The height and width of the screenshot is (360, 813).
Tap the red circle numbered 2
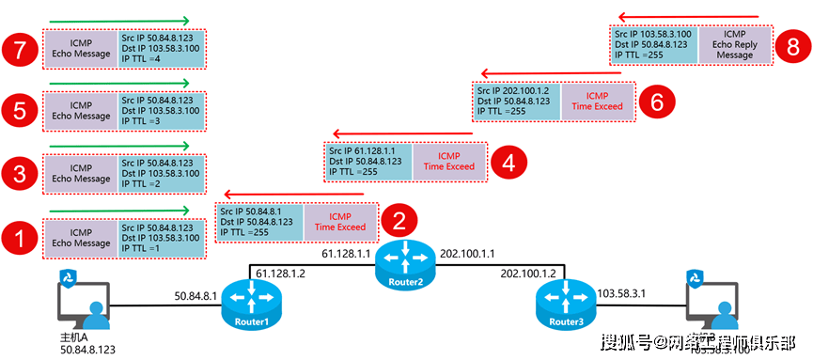[399, 222]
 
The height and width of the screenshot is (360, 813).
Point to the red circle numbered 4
[508, 161]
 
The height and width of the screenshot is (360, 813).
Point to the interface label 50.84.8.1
[195, 296]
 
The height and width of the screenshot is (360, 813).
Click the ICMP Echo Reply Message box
[734, 45]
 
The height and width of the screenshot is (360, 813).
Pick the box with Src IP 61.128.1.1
[367, 161]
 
